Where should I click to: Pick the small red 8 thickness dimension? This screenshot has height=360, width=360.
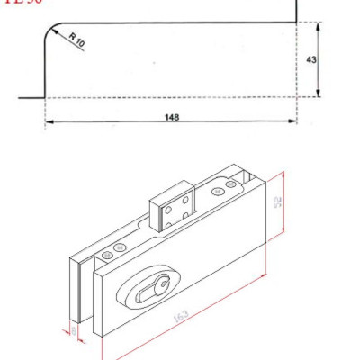point(74,330)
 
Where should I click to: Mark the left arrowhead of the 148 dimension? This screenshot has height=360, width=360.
point(48,122)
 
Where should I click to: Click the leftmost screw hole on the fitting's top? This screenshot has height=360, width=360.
point(107,256)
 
